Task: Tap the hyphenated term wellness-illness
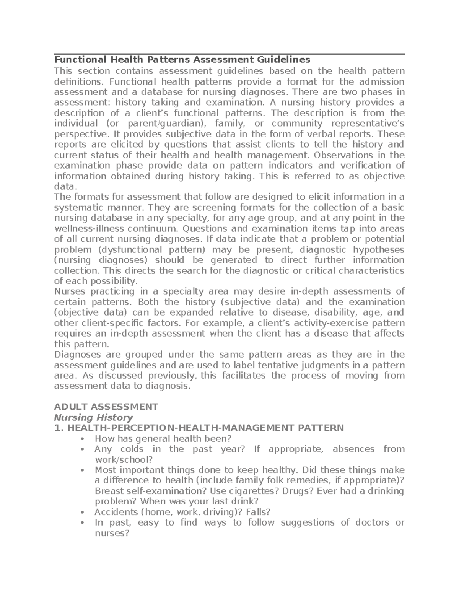click(x=89, y=229)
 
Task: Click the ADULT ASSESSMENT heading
click(x=106, y=407)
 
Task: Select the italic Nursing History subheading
click(x=94, y=417)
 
